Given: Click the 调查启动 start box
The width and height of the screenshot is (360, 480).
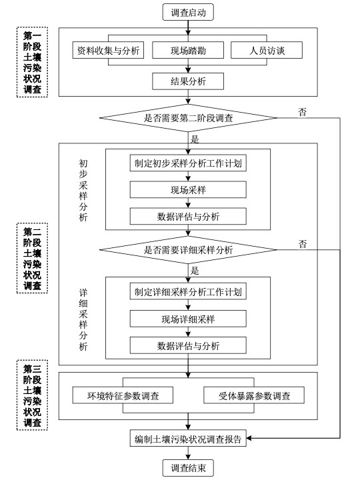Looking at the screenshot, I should (x=189, y=12).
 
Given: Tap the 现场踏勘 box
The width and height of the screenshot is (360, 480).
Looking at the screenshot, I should (x=187, y=51).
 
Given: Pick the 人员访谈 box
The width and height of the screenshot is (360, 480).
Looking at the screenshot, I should (x=266, y=51).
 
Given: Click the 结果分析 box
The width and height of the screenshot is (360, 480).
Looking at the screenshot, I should (x=187, y=81).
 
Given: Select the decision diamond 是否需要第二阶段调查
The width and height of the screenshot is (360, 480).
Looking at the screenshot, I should (x=189, y=119).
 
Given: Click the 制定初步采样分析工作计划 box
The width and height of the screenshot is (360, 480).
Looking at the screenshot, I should (x=188, y=163).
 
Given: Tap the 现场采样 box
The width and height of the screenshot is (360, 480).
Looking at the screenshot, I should (x=188, y=190).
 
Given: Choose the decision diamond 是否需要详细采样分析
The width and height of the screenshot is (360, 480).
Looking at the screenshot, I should (x=189, y=250).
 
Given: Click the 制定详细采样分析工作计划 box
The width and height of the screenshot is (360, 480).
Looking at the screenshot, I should (x=188, y=293).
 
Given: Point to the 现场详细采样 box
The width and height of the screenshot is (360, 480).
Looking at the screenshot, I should (x=188, y=319).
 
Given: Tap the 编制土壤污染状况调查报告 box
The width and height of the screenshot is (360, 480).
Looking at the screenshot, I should (x=189, y=438).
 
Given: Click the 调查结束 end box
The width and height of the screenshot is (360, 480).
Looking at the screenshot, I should (x=189, y=468).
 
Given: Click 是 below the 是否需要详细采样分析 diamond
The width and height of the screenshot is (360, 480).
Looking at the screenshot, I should (x=195, y=271).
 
